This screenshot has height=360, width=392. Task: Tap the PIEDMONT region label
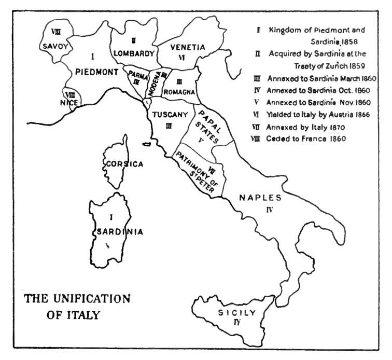(x=96, y=72)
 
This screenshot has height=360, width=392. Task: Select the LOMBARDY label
(x=134, y=53)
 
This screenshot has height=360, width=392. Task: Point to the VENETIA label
(x=188, y=47)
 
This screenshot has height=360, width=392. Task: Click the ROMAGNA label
(x=179, y=92)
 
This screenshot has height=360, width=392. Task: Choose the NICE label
(x=69, y=102)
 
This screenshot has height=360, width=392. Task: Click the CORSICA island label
(x=124, y=164)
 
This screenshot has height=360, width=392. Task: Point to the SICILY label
(x=236, y=313)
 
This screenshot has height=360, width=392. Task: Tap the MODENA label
(x=154, y=84)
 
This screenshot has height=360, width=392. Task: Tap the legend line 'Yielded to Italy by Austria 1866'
(x=318, y=115)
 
